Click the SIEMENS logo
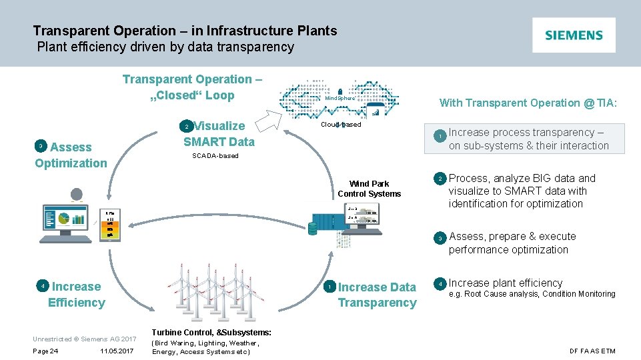[574, 35]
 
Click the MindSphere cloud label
[340, 99]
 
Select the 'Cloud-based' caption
[341, 125]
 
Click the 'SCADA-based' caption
[215, 156]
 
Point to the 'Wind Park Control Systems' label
[369, 189]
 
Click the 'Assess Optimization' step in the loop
[71, 155]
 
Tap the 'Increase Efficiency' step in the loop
[76, 295]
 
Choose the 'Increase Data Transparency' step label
[376, 295]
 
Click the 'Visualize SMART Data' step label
[219, 133]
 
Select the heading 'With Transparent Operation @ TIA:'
[528, 103]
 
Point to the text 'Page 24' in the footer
[45, 351]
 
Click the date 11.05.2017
[117, 351]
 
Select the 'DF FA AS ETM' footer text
[592, 351]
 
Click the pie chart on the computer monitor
[64, 218]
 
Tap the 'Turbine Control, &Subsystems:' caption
[211, 332]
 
